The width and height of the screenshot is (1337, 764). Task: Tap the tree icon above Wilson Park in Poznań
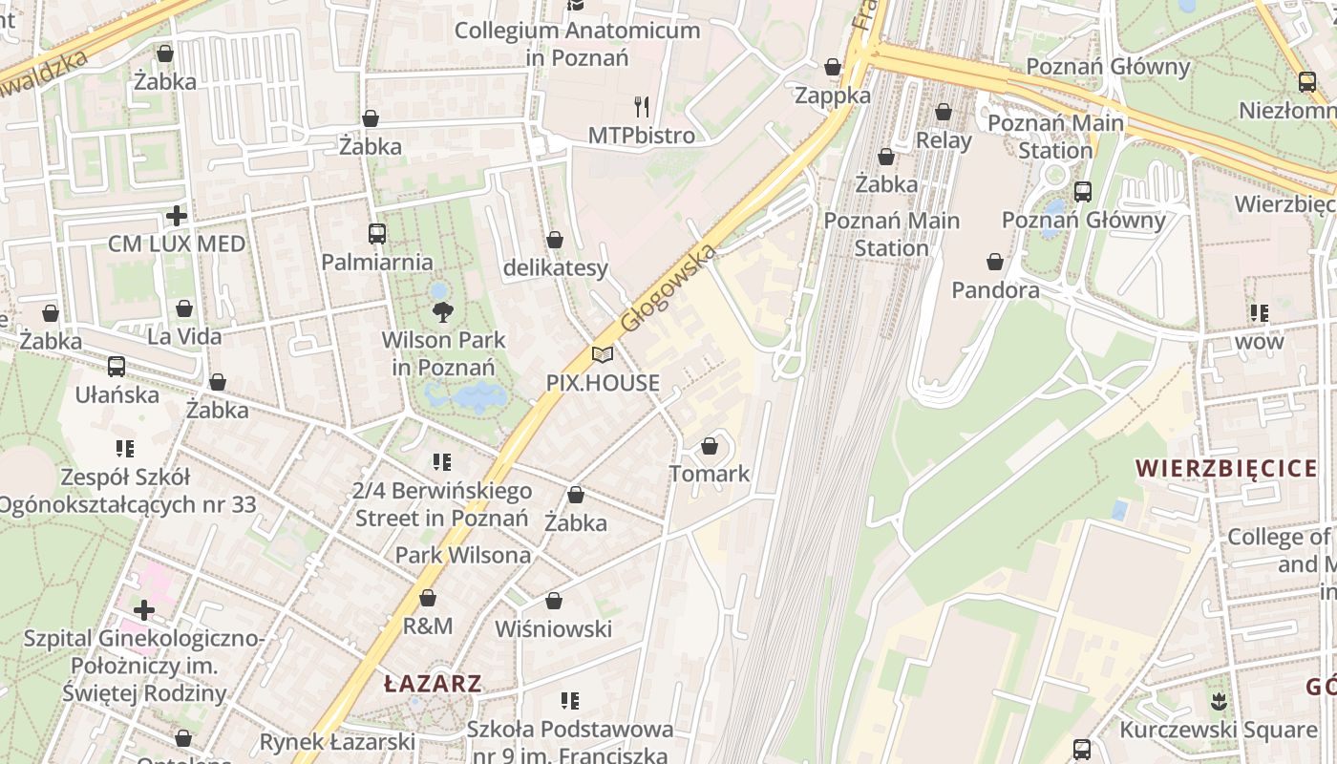pyautogui.click(x=442, y=310)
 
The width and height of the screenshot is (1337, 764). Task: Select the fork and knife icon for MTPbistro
pyautogui.click(x=642, y=106)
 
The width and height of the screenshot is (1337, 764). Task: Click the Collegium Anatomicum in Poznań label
pyautogui.click(x=577, y=44)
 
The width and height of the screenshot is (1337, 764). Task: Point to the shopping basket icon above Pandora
pyautogui.click(x=995, y=261)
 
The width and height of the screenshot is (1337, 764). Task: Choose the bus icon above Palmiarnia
pyautogui.click(x=377, y=233)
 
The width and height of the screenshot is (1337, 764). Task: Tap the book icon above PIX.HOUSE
pyautogui.click(x=602, y=354)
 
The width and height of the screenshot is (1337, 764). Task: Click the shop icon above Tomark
pyautogui.click(x=709, y=446)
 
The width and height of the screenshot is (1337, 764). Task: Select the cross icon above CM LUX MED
pyautogui.click(x=176, y=215)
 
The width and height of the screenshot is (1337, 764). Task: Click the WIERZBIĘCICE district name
pyautogui.click(x=1226, y=468)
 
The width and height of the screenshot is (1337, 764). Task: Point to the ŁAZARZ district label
pyautogui.click(x=433, y=684)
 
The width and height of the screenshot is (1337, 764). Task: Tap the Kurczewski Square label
pyautogui.click(x=1219, y=731)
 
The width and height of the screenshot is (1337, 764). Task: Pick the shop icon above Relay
pyautogui.click(x=944, y=112)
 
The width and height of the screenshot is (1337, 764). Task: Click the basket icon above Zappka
pyautogui.click(x=833, y=67)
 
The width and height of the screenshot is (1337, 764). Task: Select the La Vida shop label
pyautogui.click(x=184, y=336)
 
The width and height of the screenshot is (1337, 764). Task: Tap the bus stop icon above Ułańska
pyautogui.click(x=117, y=366)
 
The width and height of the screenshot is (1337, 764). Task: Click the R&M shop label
pyautogui.click(x=428, y=626)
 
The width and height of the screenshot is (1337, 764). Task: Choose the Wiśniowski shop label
pyautogui.click(x=553, y=629)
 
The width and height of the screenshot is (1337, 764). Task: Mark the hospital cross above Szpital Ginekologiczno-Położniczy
pyautogui.click(x=144, y=609)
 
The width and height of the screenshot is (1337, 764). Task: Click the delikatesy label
pyautogui.click(x=555, y=268)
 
